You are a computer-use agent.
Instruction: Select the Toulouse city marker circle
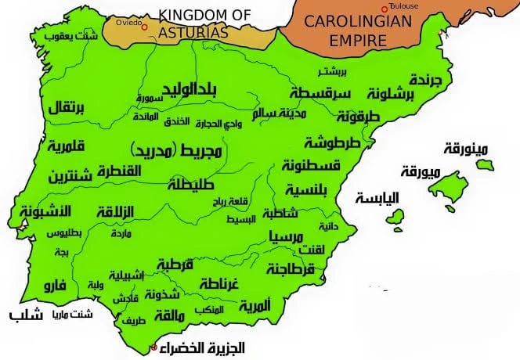[x=384, y=8]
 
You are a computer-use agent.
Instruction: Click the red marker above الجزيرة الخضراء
[x=153, y=347]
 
